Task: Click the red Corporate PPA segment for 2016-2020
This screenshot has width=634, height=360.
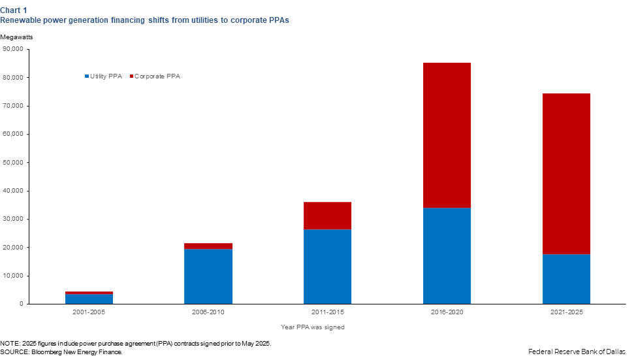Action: [447, 135]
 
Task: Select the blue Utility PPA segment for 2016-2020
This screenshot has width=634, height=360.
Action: [447, 255]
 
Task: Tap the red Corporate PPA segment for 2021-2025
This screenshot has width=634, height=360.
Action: [566, 174]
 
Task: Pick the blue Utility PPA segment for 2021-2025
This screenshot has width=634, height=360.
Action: [566, 279]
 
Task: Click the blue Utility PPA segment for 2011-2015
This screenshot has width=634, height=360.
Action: [327, 267]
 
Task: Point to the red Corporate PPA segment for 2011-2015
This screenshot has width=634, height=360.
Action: [327, 216]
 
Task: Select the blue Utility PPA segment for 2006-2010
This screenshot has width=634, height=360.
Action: [208, 276]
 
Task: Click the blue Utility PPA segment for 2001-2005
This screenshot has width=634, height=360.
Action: [89, 299]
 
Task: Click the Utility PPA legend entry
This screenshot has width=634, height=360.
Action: [103, 76]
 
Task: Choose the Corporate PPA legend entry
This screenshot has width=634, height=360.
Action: [156, 76]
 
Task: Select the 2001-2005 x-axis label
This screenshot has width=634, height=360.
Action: [89, 312]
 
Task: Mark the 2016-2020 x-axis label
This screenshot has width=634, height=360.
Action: [447, 312]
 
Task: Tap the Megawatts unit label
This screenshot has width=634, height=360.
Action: [16, 37]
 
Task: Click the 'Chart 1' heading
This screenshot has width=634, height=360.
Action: [14, 10]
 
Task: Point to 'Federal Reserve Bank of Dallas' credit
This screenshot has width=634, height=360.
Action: [577, 352]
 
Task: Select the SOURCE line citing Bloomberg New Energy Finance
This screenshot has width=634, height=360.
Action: [61, 352]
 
